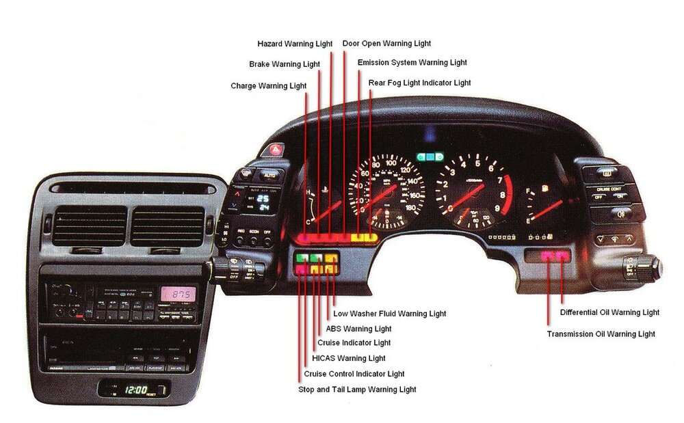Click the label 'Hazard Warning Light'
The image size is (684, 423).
(x=295, y=44)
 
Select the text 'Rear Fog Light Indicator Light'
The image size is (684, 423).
(x=420, y=83)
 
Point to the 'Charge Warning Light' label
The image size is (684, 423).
(x=269, y=86)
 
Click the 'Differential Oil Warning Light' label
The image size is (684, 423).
(x=609, y=312)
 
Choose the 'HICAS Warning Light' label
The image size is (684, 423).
(x=348, y=358)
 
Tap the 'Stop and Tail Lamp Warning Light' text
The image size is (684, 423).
(x=357, y=390)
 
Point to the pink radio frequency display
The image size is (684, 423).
(x=178, y=295)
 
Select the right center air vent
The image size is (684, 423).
(x=168, y=225)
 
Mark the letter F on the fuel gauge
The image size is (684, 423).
(x=529, y=193)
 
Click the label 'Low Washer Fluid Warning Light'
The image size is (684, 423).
(x=389, y=314)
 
